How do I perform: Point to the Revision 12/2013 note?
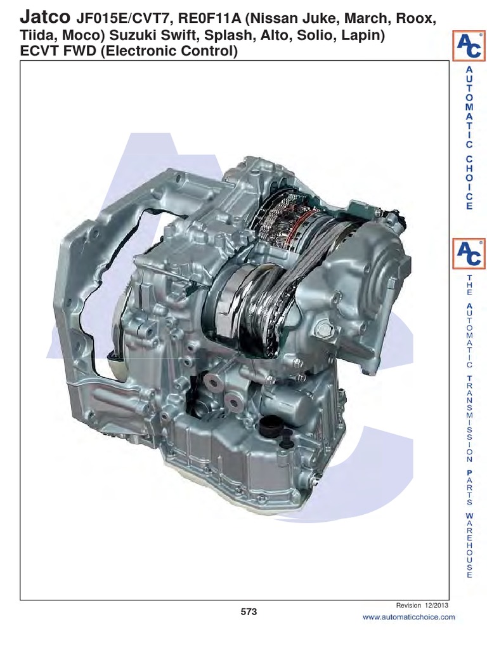(422, 606)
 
